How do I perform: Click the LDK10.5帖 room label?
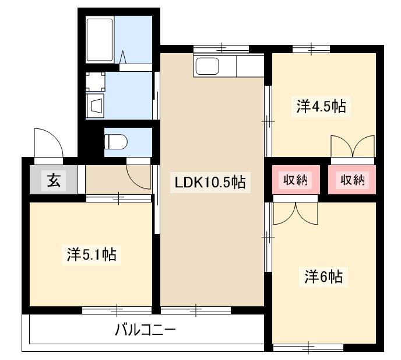click(x=210, y=183)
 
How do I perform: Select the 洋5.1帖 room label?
click(x=90, y=254)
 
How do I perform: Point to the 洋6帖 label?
click(x=323, y=276)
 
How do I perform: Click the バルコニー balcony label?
click(x=145, y=331)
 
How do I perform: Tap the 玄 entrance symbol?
click(x=53, y=181)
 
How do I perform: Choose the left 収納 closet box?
click(x=296, y=180)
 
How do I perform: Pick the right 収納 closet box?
click(x=352, y=180)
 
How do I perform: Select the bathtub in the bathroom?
click(x=100, y=39)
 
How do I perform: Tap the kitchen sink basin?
click(x=207, y=67)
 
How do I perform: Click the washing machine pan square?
click(x=96, y=82)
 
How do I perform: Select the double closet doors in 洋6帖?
click(x=296, y=212)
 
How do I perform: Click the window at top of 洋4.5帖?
click(x=311, y=49)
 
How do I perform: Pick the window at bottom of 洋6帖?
click(x=307, y=348)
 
